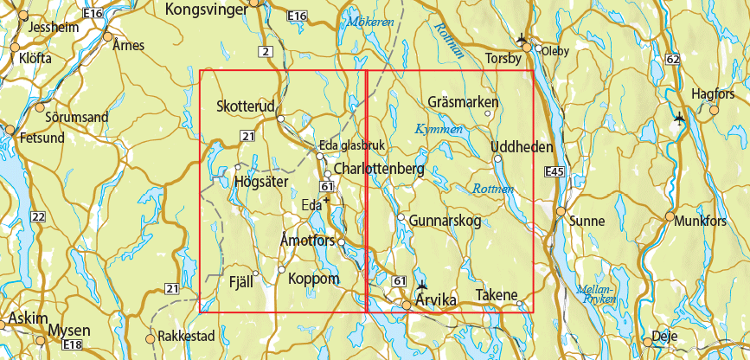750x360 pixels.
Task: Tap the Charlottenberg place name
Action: [379, 169]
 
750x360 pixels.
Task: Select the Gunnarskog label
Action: [445, 221]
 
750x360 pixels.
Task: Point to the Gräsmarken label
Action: [464, 101]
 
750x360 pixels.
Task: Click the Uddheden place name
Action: [522, 148]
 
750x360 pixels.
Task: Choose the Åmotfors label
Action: [308, 241]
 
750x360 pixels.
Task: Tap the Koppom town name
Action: [313, 279]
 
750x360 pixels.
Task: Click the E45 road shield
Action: [554, 173]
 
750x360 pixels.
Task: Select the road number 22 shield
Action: [38, 215]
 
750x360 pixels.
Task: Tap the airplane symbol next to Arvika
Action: [421, 286]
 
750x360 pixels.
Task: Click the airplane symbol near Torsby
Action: [521, 38]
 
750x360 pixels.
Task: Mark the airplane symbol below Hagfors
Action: [678, 118]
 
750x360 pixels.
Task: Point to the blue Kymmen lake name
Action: [439, 128]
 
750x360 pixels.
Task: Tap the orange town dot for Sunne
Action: [561, 211]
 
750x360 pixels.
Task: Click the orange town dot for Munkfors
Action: [670, 216]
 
